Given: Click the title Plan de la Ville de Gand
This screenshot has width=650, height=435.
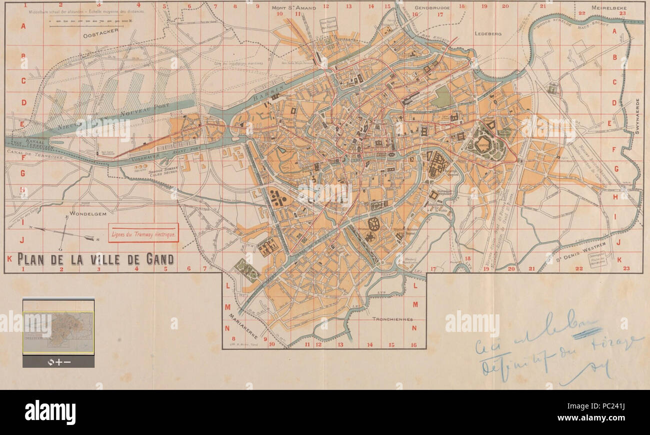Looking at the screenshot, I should [x=95, y=259].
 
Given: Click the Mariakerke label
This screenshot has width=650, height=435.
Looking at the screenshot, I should [x=244, y=328].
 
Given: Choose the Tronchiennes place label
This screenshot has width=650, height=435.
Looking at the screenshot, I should [x=391, y=319].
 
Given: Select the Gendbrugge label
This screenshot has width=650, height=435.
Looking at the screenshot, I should [x=432, y=9].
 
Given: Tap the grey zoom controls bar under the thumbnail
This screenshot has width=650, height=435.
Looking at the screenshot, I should [x=58, y=361].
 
